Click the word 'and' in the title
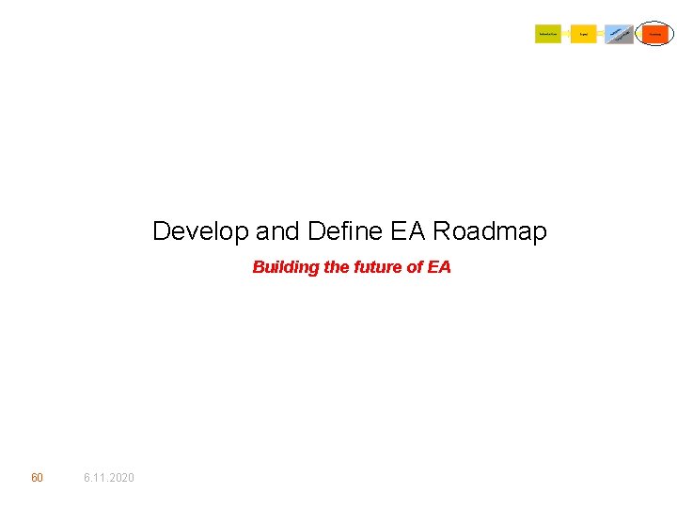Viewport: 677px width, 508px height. (x=276, y=231)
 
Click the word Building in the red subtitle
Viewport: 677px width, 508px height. (x=285, y=267)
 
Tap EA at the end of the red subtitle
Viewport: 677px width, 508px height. (x=439, y=267)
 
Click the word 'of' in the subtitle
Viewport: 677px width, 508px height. (x=415, y=267)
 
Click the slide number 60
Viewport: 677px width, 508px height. (x=37, y=478)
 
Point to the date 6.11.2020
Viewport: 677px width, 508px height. (x=109, y=478)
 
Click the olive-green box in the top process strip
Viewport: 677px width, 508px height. (x=548, y=34)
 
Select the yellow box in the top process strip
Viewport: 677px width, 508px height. (x=584, y=34)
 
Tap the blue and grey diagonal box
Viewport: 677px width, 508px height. (x=619, y=34)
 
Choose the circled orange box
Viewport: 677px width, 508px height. (x=654, y=34)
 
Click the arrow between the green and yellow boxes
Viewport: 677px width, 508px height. (x=566, y=34)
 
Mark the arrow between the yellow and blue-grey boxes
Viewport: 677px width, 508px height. (x=601, y=34)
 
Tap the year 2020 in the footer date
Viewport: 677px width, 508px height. (x=121, y=478)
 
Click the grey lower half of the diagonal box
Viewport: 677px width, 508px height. (x=624, y=40)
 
